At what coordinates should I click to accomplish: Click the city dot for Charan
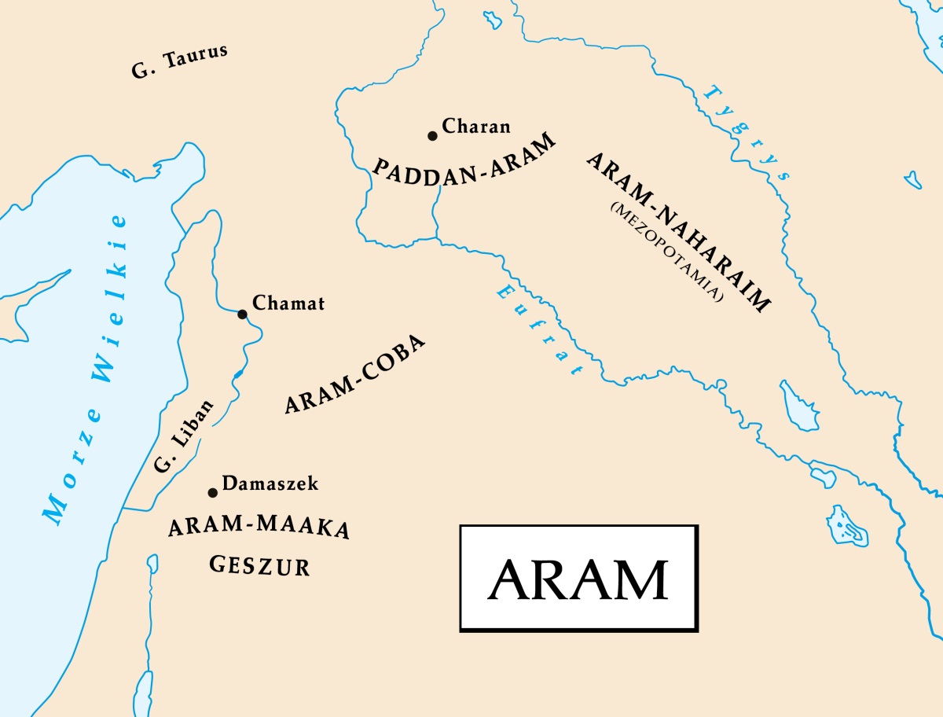[432, 136]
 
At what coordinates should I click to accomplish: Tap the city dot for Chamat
[242, 314]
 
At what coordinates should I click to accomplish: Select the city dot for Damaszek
[212, 493]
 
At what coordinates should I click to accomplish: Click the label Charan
[476, 126]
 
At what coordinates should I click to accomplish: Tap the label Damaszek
[270, 484]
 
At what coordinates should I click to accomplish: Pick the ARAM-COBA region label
[355, 376]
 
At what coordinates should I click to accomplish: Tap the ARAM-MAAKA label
[259, 528]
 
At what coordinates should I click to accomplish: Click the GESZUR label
[259, 564]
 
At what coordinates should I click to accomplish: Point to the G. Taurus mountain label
[179, 61]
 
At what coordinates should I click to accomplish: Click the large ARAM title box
[578, 578]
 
